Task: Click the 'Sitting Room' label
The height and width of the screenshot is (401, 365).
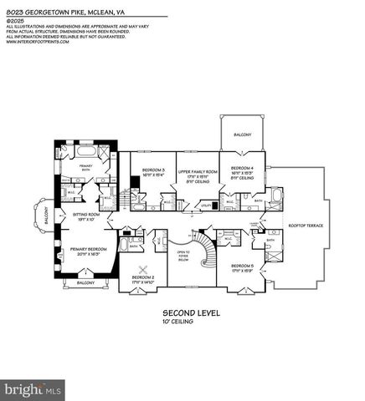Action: click(86, 216)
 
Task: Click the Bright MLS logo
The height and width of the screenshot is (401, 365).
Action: click(33, 390)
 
